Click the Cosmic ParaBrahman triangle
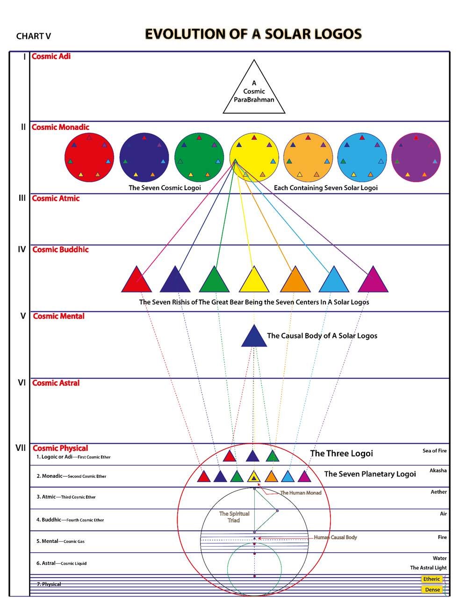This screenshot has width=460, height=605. click(254, 92)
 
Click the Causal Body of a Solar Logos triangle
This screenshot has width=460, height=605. click(254, 338)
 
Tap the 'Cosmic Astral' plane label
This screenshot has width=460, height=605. click(56, 383)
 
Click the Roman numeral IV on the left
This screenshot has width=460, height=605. click(22, 249)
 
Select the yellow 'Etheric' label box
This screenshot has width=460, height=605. click(431, 579)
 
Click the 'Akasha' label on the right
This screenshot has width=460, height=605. click(438, 470)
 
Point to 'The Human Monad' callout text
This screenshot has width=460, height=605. click(301, 493)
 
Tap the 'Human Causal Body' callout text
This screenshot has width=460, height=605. click(335, 537)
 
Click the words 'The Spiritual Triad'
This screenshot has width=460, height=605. click(234, 517)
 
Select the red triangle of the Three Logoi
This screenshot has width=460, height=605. click(229, 456)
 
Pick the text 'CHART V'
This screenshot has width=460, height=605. click(33, 36)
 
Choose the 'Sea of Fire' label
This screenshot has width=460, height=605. click(434, 451)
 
